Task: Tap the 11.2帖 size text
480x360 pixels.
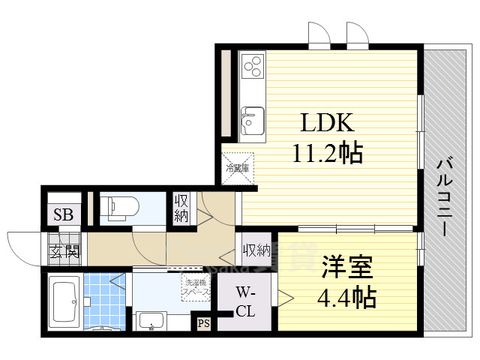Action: pyautogui.click(x=327, y=154)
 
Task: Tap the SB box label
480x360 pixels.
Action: pyautogui.click(x=63, y=215)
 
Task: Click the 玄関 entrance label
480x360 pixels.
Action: pyautogui.click(x=64, y=251)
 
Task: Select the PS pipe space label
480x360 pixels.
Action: pyautogui.click(x=202, y=324)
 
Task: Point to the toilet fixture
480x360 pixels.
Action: pyautogui.click(x=118, y=207)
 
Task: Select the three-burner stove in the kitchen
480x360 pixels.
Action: pyautogui.click(x=253, y=65)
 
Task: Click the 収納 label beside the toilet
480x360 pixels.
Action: pyautogui.click(x=182, y=207)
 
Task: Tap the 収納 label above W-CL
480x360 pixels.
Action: pyautogui.click(x=256, y=250)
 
